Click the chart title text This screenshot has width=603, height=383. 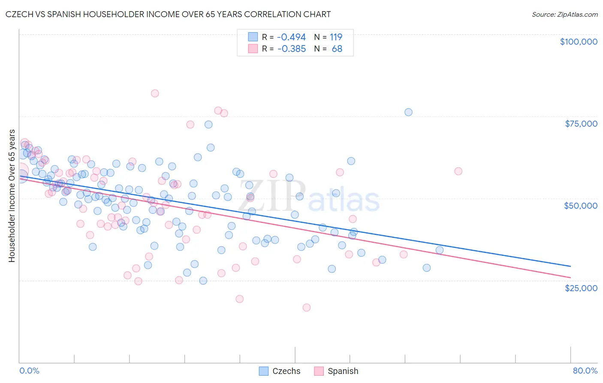click(168, 14)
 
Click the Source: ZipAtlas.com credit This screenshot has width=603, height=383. click(564, 14)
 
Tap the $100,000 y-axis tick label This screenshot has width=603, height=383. click(578, 42)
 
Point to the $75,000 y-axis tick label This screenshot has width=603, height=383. click(581, 124)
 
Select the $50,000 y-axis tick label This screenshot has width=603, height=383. click(580, 206)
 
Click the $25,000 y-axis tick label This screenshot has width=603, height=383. click(581, 288)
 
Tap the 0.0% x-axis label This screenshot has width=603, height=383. click(29, 371)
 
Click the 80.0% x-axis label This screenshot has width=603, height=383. click(585, 371)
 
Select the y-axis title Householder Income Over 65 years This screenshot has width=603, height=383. click(12, 196)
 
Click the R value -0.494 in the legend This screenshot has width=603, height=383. click(291, 37)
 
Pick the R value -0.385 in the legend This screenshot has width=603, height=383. click(291, 49)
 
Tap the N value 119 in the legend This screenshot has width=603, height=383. click(336, 37)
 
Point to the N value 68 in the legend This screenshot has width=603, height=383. click(337, 49)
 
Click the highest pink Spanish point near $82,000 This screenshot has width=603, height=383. click(155, 93)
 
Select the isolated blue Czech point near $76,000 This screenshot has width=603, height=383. click(408, 112)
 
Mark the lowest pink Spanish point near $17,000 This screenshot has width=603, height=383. click(306, 307)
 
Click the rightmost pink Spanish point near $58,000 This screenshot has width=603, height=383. click(458, 171)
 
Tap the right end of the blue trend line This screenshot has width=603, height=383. click(570, 266)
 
